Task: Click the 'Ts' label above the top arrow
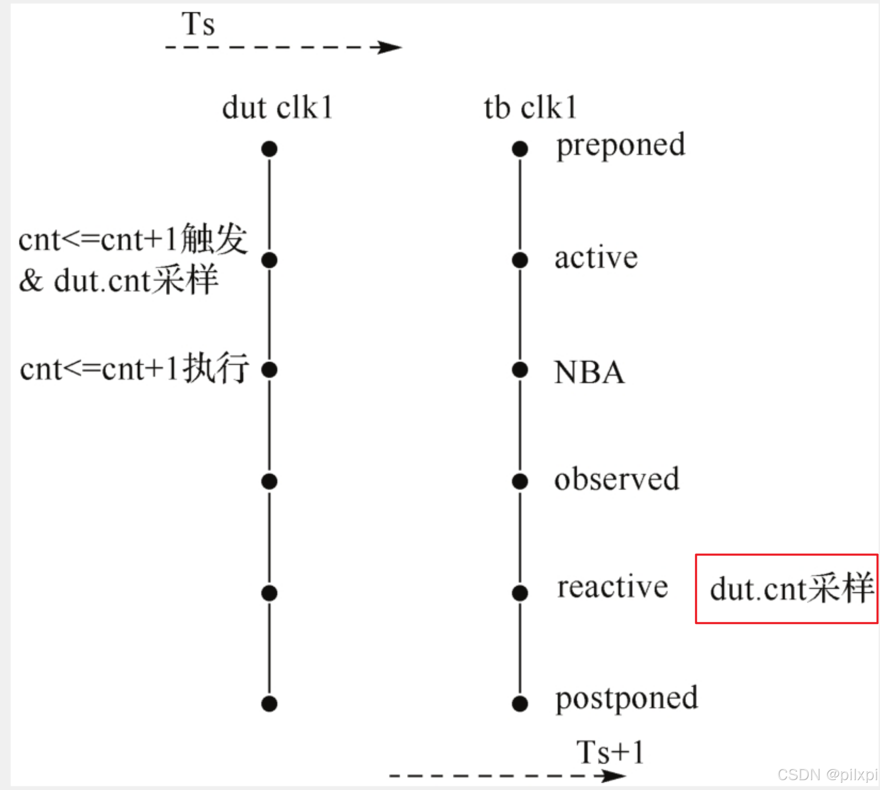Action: [x=198, y=24]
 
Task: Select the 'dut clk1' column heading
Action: [x=277, y=108]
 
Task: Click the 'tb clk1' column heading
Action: [x=530, y=108]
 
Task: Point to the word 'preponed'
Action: [x=620, y=146]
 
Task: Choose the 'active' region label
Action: [x=596, y=258]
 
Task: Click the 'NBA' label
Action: [x=589, y=372]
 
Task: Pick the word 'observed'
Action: [x=617, y=479]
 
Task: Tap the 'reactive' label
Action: [x=612, y=587]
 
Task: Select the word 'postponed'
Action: [x=626, y=699]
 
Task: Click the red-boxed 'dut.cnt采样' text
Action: [x=791, y=589]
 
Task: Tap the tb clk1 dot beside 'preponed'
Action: [x=520, y=149]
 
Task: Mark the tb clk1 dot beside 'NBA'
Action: [x=520, y=370]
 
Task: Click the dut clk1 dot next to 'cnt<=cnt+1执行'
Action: [x=269, y=370]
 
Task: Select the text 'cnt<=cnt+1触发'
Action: [x=133, y=240]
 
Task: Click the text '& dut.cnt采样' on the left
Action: [x=119, y=281]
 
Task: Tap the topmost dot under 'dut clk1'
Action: [x=269, y=149]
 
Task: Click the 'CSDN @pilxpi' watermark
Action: [x=827, y=775]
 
